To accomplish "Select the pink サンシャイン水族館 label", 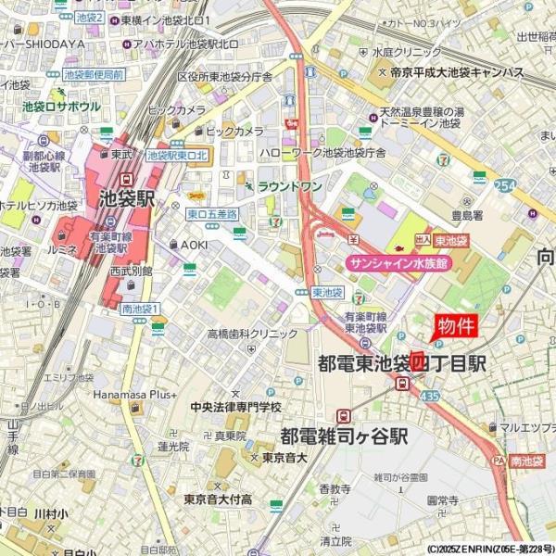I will click(x=398, y=263).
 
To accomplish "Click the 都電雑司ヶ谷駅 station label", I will click(x=345, y=436).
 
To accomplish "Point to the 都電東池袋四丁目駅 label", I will click(x=401, y=362).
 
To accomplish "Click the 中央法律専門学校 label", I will click(x=236, y=407).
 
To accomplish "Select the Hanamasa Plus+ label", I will click(x=133, y=394).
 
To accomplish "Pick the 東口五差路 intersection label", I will click(x=212, y=214).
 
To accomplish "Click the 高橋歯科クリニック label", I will click(x=252, y=334).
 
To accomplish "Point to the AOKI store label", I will click(x=194, y=244).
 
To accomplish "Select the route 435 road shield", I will click(x=427, y=395).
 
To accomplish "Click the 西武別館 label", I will click(x=131, y=272).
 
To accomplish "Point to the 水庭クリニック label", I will click(x=409, y=53).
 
